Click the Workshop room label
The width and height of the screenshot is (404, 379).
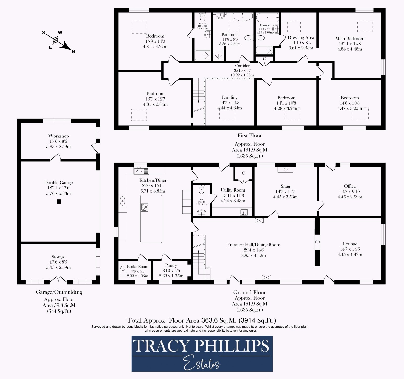point(59,136)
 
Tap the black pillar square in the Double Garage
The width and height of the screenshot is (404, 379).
point(59,201)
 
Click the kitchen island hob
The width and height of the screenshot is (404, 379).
point(145,207)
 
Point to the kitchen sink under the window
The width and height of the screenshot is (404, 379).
point(141,171)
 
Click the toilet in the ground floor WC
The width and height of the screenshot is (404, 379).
point(201,190)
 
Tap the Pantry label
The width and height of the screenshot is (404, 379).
point(171,265)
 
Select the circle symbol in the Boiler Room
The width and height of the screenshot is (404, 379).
point(123,268)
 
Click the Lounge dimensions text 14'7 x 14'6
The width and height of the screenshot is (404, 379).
point(350,249)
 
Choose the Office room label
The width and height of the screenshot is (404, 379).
point(350,186)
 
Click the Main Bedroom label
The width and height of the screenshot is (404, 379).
point(350,39)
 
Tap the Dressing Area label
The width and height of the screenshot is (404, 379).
point(301,37)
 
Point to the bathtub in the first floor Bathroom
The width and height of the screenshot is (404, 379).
point(242,17)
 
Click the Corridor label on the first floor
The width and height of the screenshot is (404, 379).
point(242,66)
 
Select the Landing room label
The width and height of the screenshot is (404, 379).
point(230,97)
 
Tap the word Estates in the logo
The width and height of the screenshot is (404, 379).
point(201,362)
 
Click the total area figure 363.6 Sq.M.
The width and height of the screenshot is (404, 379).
point(219,320)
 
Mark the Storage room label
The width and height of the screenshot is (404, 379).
point(58,257)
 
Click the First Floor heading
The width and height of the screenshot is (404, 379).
point(249,136)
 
